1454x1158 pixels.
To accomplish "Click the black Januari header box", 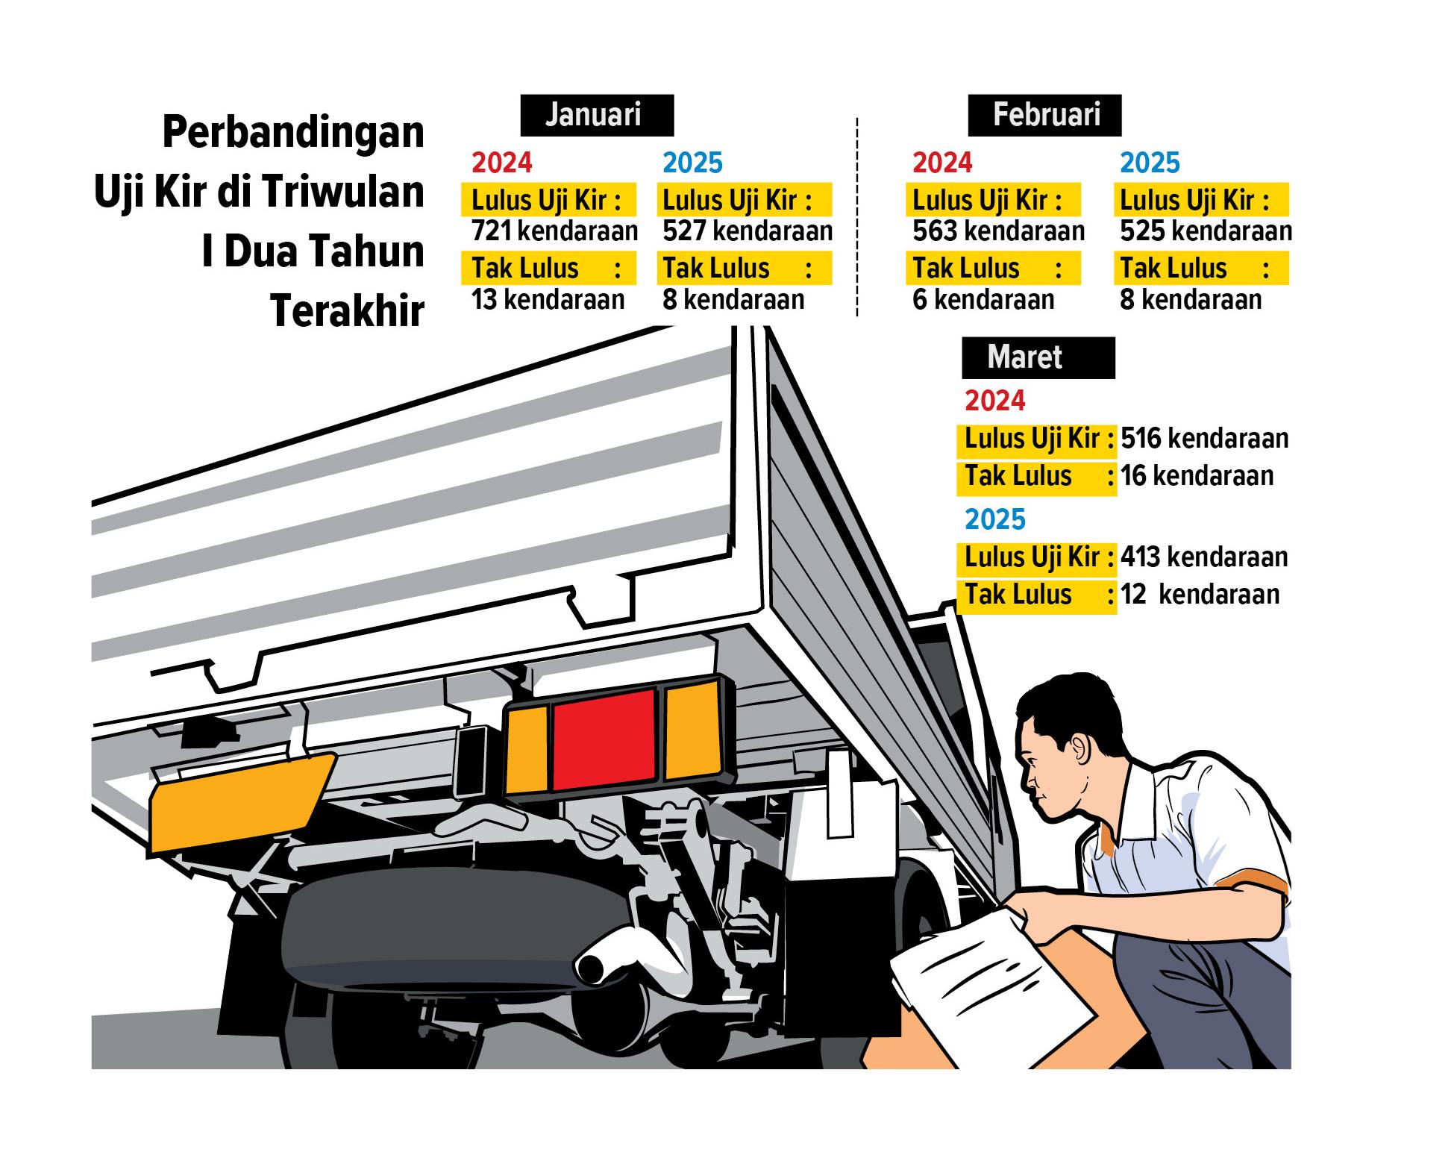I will pos(596,115).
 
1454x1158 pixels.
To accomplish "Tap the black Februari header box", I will pos(1044,115).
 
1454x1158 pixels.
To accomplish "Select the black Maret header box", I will pos(1038,357).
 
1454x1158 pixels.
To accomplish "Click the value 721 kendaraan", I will pos(554,231).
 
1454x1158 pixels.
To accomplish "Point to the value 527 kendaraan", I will pos(747,231).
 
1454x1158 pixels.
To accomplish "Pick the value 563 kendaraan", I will pos(997,231).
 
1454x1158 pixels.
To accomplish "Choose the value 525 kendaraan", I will pos(1205,231).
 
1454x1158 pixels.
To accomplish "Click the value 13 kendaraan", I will pos(548,300).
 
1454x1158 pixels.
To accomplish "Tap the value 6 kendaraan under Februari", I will pos(983,300).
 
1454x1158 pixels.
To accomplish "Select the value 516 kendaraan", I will pos(1204,438).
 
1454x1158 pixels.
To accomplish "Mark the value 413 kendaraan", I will pos(1204,557).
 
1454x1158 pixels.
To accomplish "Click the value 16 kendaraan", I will pos(1197,475).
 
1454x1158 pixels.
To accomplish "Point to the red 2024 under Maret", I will pos(994,401).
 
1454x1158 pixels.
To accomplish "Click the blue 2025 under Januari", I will pos(692,163).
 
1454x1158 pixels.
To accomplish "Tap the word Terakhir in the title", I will pos(347,310).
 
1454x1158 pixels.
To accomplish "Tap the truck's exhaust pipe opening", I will pos(593,968).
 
